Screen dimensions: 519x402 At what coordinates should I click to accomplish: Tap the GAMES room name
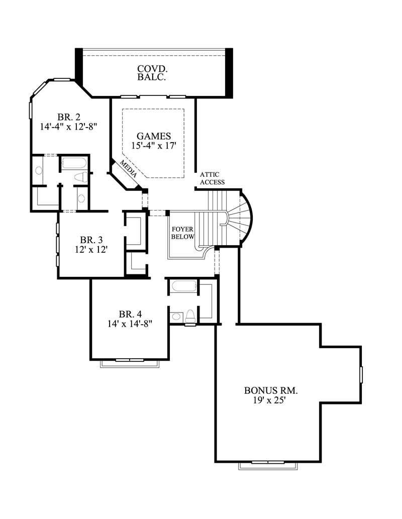154,136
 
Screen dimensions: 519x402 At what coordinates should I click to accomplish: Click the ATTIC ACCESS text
212,178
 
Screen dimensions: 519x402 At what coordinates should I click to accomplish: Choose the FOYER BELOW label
182,233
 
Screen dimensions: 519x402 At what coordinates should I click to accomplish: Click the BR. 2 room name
68,117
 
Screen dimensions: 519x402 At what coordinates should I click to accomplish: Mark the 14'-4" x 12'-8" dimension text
68,127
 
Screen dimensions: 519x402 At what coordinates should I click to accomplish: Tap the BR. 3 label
90,240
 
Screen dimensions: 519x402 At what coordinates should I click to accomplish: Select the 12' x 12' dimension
90,249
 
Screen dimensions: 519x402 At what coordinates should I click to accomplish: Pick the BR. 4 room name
130,315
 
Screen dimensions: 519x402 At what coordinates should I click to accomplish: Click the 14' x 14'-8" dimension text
130,324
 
